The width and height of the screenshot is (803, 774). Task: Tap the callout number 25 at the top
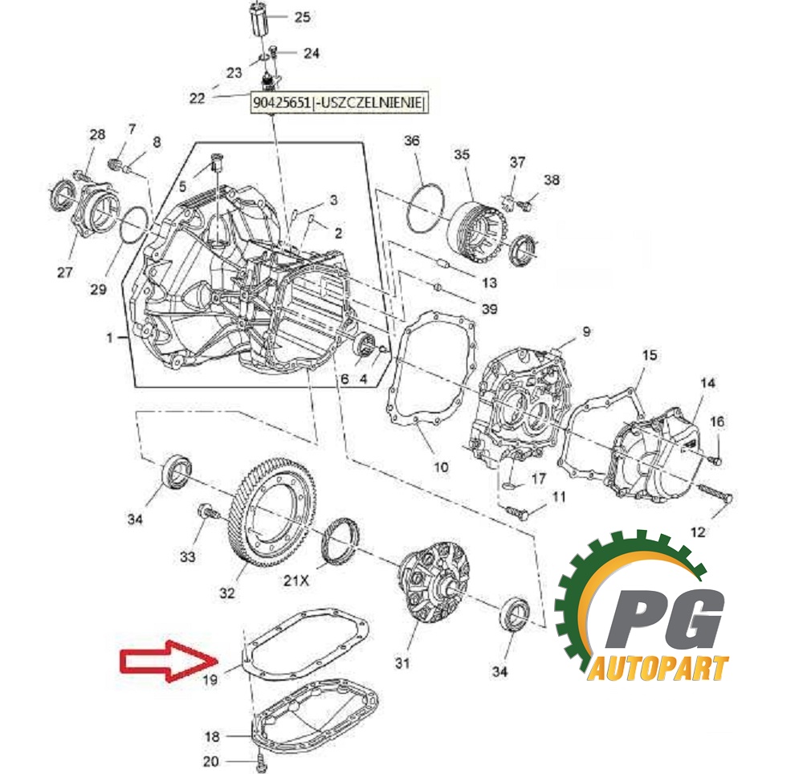click(x=302, y=17)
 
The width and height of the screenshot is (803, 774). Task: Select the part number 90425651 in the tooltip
click(x=282, y=103)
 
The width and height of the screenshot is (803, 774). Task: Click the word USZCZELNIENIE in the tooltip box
click(x=369, y=103)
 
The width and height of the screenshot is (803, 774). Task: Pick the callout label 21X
click(x=296, y=580)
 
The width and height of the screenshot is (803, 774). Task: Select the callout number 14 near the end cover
click(x=707, y=382)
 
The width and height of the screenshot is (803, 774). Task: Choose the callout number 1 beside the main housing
click(x=109, y=337)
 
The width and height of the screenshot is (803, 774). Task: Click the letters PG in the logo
click(x=666, y=619)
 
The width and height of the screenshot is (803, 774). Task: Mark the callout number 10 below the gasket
click(x=441, y=466)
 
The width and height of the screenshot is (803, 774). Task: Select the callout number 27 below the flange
click(x=64, y=271)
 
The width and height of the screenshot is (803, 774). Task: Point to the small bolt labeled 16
click(x=716, y=460)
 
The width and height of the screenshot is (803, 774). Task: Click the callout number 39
click(x=490, y=308)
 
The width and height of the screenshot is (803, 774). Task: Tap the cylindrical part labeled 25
click(x=261, y=19)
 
